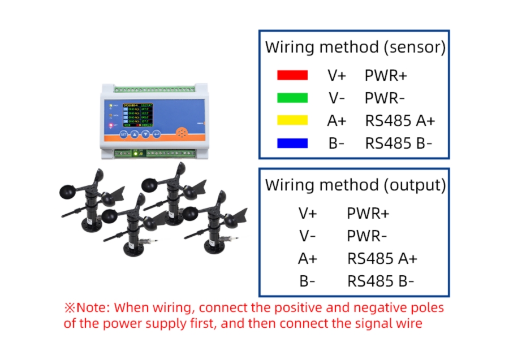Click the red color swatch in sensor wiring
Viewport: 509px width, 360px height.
coord(292,75)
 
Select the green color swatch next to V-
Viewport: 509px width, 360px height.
coord(292,98)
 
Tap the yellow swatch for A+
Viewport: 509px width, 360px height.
coord(292,120)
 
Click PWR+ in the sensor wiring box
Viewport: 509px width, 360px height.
coord(386,75)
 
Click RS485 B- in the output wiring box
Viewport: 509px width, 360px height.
coord(381,281)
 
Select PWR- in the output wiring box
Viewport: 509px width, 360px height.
coord(368,236)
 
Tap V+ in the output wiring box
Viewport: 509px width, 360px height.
coord(308,213)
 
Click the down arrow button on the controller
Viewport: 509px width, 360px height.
coord(146,134)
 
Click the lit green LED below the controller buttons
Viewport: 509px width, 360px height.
coord(135,153)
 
